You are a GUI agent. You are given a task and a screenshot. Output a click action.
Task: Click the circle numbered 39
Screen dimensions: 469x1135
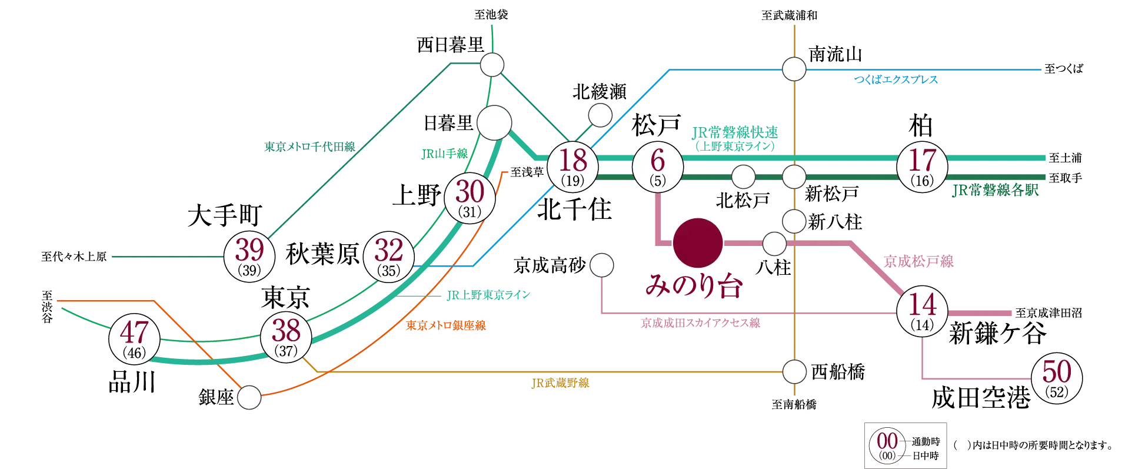249,257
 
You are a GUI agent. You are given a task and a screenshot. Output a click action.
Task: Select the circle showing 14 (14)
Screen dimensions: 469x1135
922,311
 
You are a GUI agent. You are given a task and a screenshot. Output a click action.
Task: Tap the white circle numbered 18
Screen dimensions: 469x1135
573,167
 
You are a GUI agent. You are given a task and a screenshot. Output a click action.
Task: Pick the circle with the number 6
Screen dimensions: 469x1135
657,167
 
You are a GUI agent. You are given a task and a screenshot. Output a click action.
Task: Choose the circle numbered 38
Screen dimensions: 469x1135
287,337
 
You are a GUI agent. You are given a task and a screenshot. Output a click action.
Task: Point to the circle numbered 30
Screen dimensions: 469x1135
470,198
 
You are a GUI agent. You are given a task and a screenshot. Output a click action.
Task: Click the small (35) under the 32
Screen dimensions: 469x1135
388,272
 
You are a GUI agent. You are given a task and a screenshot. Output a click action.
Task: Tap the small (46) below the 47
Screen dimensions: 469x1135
135,354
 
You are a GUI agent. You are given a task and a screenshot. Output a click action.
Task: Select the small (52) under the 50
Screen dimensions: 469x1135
1057,393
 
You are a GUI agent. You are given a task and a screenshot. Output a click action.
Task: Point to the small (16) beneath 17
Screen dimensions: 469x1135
922,181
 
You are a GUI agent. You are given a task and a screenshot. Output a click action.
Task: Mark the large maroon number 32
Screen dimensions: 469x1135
388,252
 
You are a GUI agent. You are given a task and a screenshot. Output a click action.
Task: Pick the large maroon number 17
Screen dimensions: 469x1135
922,161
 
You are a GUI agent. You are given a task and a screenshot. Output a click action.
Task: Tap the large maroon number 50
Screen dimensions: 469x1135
1057,372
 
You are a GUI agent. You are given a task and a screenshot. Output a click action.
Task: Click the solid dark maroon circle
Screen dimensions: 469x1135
698,242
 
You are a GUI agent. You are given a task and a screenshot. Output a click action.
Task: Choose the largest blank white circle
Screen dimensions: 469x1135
494,123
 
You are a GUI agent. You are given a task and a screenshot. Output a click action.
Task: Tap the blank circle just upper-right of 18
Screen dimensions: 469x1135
600,115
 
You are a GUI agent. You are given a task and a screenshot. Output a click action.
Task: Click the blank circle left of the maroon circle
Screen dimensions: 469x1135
602,265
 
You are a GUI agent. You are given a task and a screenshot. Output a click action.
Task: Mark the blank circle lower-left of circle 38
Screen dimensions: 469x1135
249,398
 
